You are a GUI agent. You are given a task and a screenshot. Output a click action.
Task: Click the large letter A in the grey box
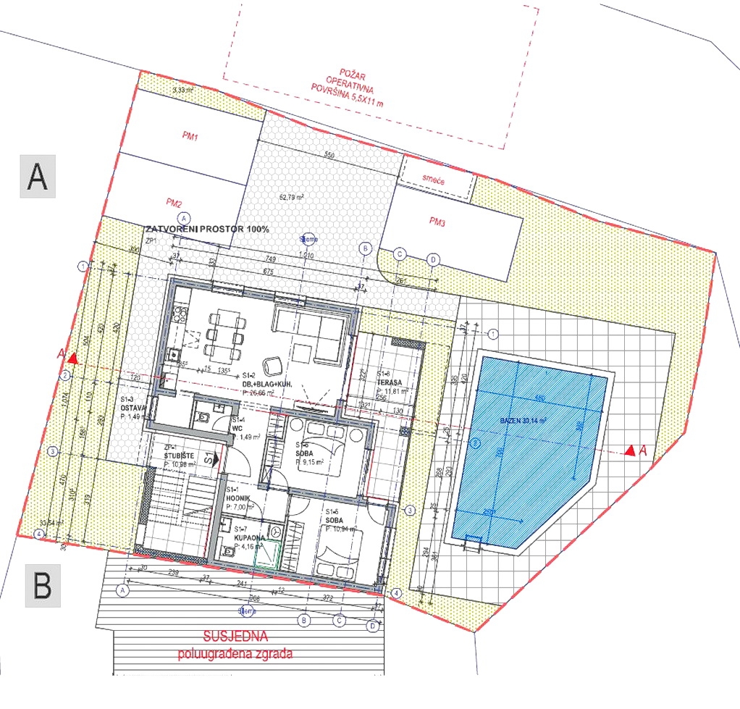point(37,176)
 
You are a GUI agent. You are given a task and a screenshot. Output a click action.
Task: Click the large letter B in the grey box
point(43,585)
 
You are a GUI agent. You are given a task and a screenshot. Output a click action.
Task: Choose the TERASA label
point(389,382)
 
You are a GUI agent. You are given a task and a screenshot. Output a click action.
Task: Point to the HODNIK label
point(238,499)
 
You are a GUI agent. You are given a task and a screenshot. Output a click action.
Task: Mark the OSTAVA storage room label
point(133,408)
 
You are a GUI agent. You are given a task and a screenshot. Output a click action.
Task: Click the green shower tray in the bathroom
point(270,554)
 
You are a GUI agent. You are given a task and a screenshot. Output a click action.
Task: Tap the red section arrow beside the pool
point(630,450)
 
